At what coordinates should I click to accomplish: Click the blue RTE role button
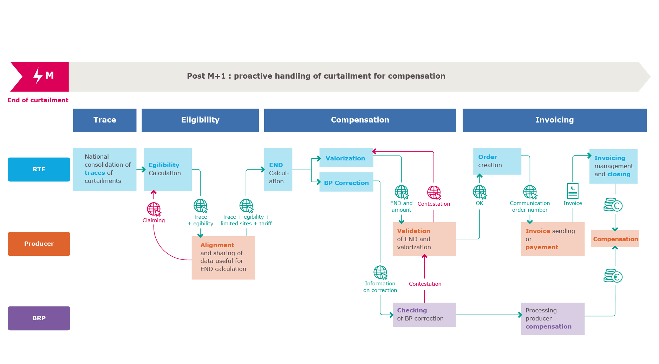click(x=39, y=169)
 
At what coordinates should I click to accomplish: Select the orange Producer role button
click(x=39, y=244)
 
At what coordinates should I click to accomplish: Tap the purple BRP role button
click(x=39, y=318)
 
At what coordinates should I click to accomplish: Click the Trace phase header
click(x=105, y=120)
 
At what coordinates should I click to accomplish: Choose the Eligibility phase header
click(x=200, y=120)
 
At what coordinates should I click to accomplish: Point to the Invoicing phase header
click(x=554, y=120)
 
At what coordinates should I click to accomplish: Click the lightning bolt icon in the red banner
click(x=38, y=75)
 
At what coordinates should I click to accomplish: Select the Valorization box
click(x=346, y=158)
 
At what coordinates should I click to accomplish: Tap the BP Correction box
click(x=346, y=183)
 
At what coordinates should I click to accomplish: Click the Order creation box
click(x=497, y=161)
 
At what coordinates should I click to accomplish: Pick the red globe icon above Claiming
click(x=154, y=209)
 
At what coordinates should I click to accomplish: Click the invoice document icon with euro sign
click(x=573, y=191)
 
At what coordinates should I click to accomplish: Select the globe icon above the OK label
click(x=479, y=192)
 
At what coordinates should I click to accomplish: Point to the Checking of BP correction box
click(x=424, y=315)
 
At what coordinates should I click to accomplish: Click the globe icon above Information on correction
click(x=380, y=272)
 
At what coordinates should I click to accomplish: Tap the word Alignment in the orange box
click(x=217, y=245)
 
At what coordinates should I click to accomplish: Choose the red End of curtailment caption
click(x=38, y=100)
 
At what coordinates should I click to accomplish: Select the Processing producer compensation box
click(x=553, y=318)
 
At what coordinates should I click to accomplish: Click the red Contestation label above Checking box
click(x=425, y=284)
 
